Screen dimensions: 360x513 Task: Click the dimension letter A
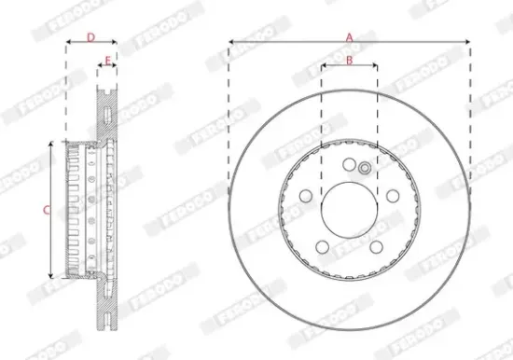pos(350,36)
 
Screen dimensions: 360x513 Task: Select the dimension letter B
pos(349,61)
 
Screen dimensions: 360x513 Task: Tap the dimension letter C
pos(48,211)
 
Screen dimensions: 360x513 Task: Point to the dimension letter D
pos(90,37)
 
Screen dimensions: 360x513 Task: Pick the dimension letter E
pos(107,61)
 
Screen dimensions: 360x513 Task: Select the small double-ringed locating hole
pos(364,168)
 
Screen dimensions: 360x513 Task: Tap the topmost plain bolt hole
pos(348,165)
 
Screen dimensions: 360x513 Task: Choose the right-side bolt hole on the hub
pos(393,196)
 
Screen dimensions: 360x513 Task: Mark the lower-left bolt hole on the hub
pos(321,247)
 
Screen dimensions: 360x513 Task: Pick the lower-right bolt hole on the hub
pos(376,247)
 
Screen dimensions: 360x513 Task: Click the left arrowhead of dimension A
pos(230,42)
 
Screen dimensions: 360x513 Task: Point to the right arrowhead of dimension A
pos(466,42)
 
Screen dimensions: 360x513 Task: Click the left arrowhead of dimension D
pos(68,43)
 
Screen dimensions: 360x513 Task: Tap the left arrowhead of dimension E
pos(100,66)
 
